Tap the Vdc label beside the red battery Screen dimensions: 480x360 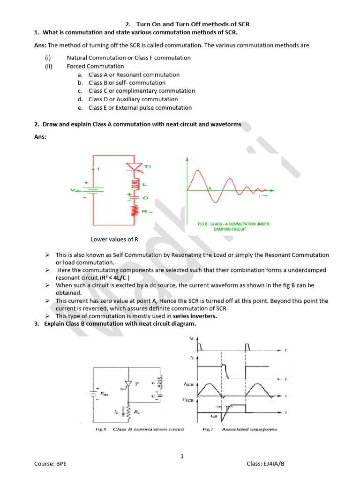click(x=76, y=190)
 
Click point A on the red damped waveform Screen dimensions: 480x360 click(x=210, y=188)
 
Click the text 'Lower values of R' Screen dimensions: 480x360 click(x=114, y=239)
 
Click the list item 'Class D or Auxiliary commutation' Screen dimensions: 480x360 click(x=133, y=99)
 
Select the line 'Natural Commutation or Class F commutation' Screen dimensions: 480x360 click(x=128, y=58)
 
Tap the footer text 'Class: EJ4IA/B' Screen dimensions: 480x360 click(x=266, y=464)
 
